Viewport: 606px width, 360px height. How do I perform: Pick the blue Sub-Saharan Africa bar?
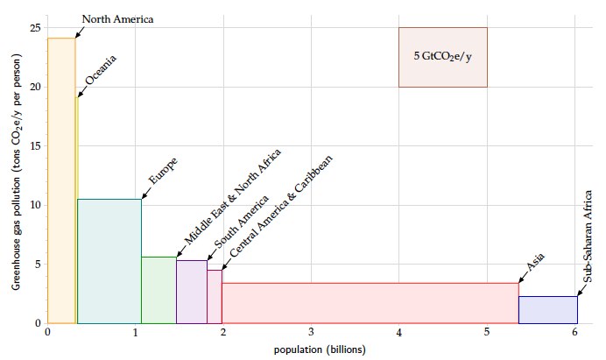547,310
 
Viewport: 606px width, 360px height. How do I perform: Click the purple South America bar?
191,292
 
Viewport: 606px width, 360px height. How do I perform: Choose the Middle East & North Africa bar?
159,290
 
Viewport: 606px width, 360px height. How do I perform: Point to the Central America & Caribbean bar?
215,297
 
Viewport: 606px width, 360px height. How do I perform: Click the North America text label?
116,18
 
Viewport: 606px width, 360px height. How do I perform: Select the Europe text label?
163,171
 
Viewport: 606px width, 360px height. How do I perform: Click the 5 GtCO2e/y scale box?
442,57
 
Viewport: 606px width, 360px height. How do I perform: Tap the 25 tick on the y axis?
36,28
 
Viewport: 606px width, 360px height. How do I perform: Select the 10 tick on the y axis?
36,205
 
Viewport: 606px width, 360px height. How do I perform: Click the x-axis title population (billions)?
311,349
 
